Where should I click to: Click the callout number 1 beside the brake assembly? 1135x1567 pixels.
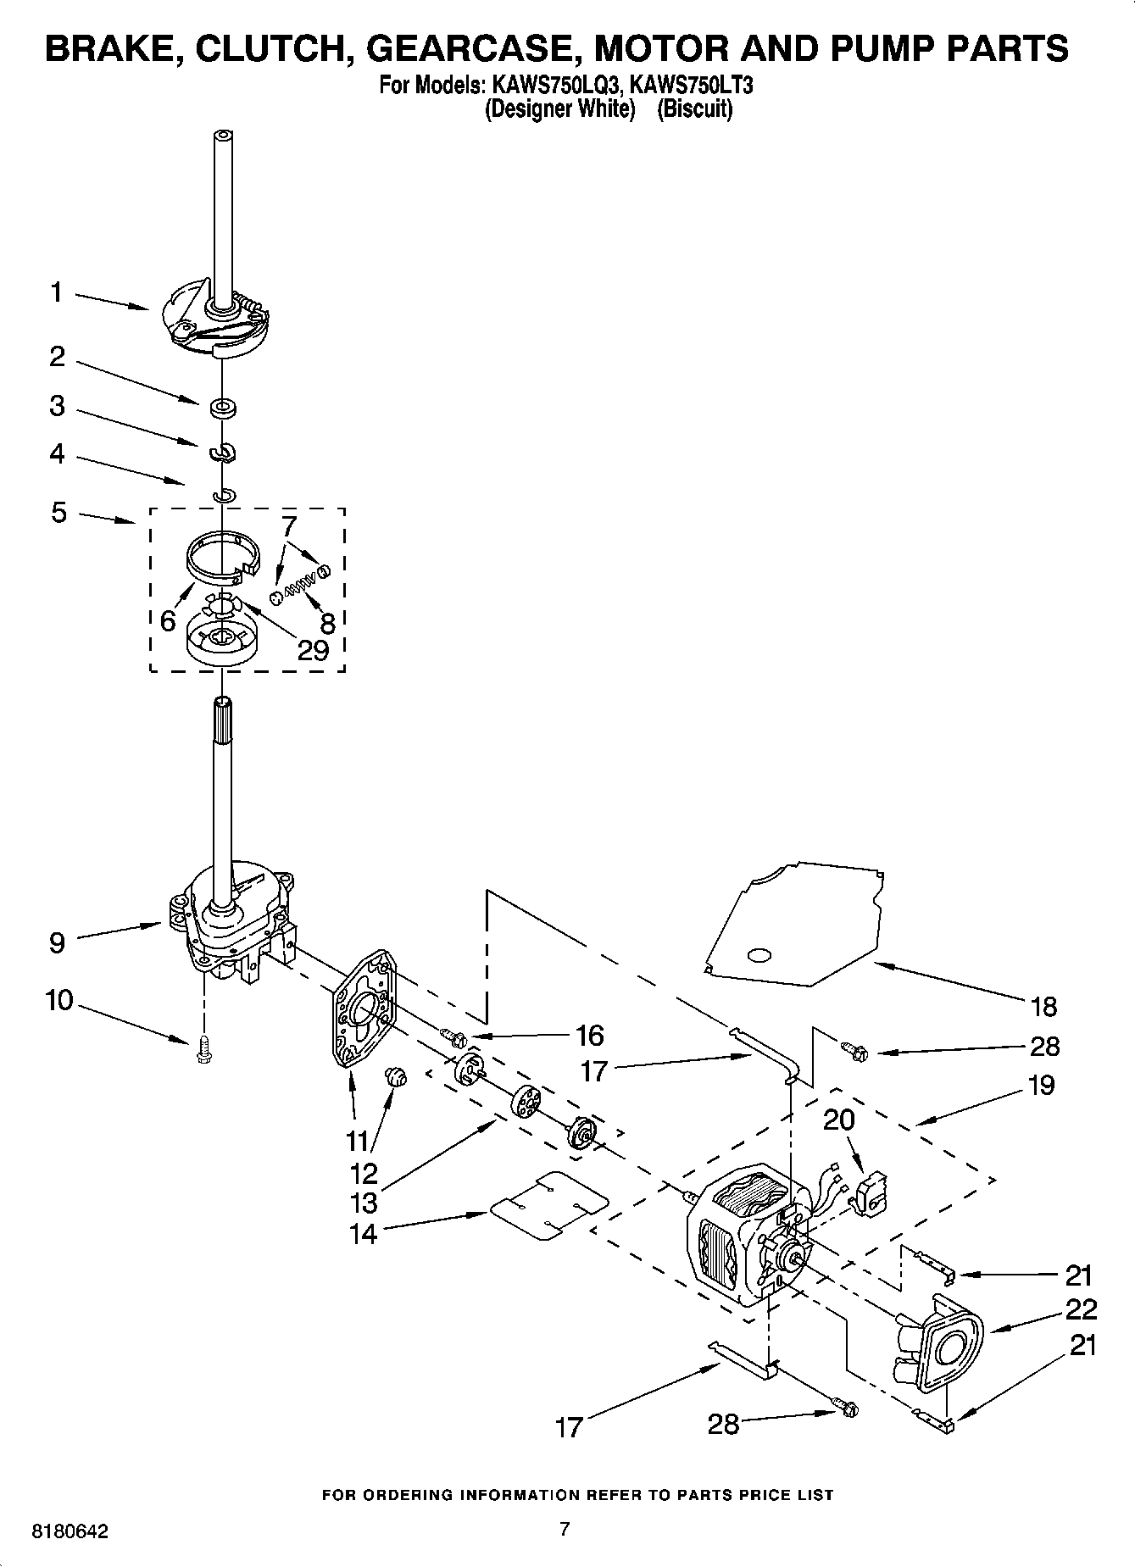pos(56,293)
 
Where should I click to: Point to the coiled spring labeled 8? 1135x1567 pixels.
pos(298,586)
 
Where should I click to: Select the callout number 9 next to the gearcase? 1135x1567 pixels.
pos(56,942)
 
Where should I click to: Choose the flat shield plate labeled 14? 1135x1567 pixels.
pos(548,1206)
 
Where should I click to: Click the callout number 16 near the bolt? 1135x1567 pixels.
pos(589,1035)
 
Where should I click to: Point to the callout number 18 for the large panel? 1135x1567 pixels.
pos(1044,1006)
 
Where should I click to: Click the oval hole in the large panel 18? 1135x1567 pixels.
pos(759,955)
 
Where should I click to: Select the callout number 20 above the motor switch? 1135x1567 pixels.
pos(838,1120)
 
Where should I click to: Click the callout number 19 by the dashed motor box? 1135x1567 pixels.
pos(1041,1085)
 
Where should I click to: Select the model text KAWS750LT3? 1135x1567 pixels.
pos(691,86)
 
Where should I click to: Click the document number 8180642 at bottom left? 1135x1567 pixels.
pos(70,1531)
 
